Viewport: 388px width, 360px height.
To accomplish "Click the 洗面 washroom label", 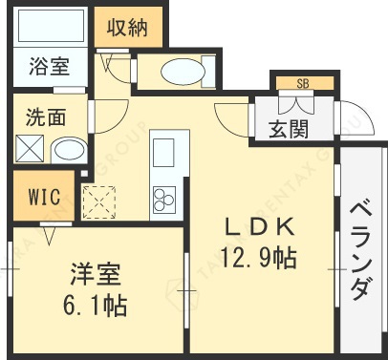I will (x=46, y=117).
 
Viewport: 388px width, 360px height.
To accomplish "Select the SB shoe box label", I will (x=302, y=83).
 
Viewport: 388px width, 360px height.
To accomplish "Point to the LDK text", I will (x=258, y=227).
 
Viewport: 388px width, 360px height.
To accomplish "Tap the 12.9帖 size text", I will (x=258, y=256).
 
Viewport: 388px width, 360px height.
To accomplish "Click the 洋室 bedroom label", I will (x=96, y=277).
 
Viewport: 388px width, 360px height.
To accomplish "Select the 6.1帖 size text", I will (x=96, y=306).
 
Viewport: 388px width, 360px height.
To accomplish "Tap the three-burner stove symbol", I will (x=163, y=198).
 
